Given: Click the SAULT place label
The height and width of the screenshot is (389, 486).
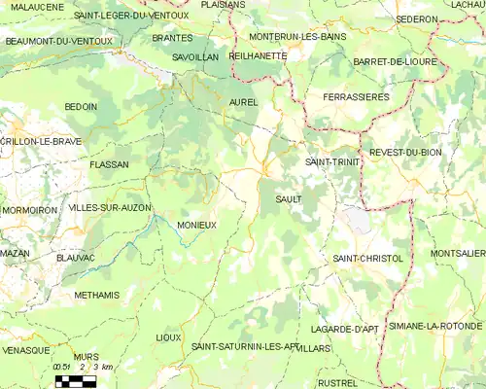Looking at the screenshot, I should click(x=289, y=198).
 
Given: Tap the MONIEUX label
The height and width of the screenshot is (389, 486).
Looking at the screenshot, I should click(x=196, y=225).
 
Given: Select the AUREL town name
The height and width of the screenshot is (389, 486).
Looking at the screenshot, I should click(x=242, y=101).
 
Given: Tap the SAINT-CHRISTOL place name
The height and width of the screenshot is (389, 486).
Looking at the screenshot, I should click(x=367, y=258).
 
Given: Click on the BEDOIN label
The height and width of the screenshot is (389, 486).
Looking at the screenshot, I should click(x=81, y=106).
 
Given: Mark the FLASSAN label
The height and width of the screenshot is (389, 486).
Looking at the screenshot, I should click(x=109, y=165).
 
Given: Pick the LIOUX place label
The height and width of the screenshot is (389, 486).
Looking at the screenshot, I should click(x=168, y=337).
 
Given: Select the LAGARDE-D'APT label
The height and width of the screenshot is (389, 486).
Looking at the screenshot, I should click(x=351, y=330).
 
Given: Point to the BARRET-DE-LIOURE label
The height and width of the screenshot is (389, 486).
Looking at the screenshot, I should click(x=398, y=62).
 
